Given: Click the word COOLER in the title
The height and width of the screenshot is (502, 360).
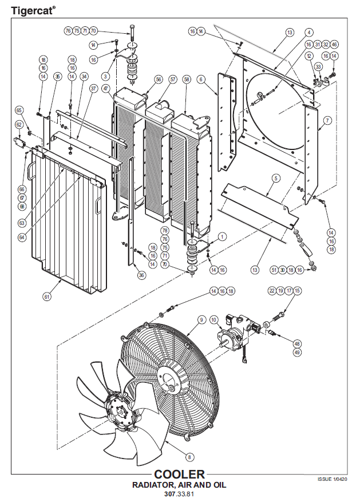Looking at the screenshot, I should coord(179,475).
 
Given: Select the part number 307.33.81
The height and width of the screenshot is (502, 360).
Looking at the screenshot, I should coord(179,493).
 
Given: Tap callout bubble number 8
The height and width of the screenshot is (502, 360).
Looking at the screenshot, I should coord(189,456).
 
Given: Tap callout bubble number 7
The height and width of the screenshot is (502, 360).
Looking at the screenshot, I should coord(327,120).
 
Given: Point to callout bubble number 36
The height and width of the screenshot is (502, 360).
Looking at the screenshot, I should coord(142,275).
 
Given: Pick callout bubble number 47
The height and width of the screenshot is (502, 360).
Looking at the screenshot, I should coord(106,89).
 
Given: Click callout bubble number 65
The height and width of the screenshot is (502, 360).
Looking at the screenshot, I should coord(19,110).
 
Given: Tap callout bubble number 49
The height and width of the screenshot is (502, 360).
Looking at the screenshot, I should coord(297,353).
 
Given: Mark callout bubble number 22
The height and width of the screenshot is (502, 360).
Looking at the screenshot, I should coord(271,291).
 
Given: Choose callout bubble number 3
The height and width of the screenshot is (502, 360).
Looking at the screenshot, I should coord(105,76).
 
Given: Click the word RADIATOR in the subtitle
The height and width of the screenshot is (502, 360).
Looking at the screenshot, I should coord(156,485).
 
